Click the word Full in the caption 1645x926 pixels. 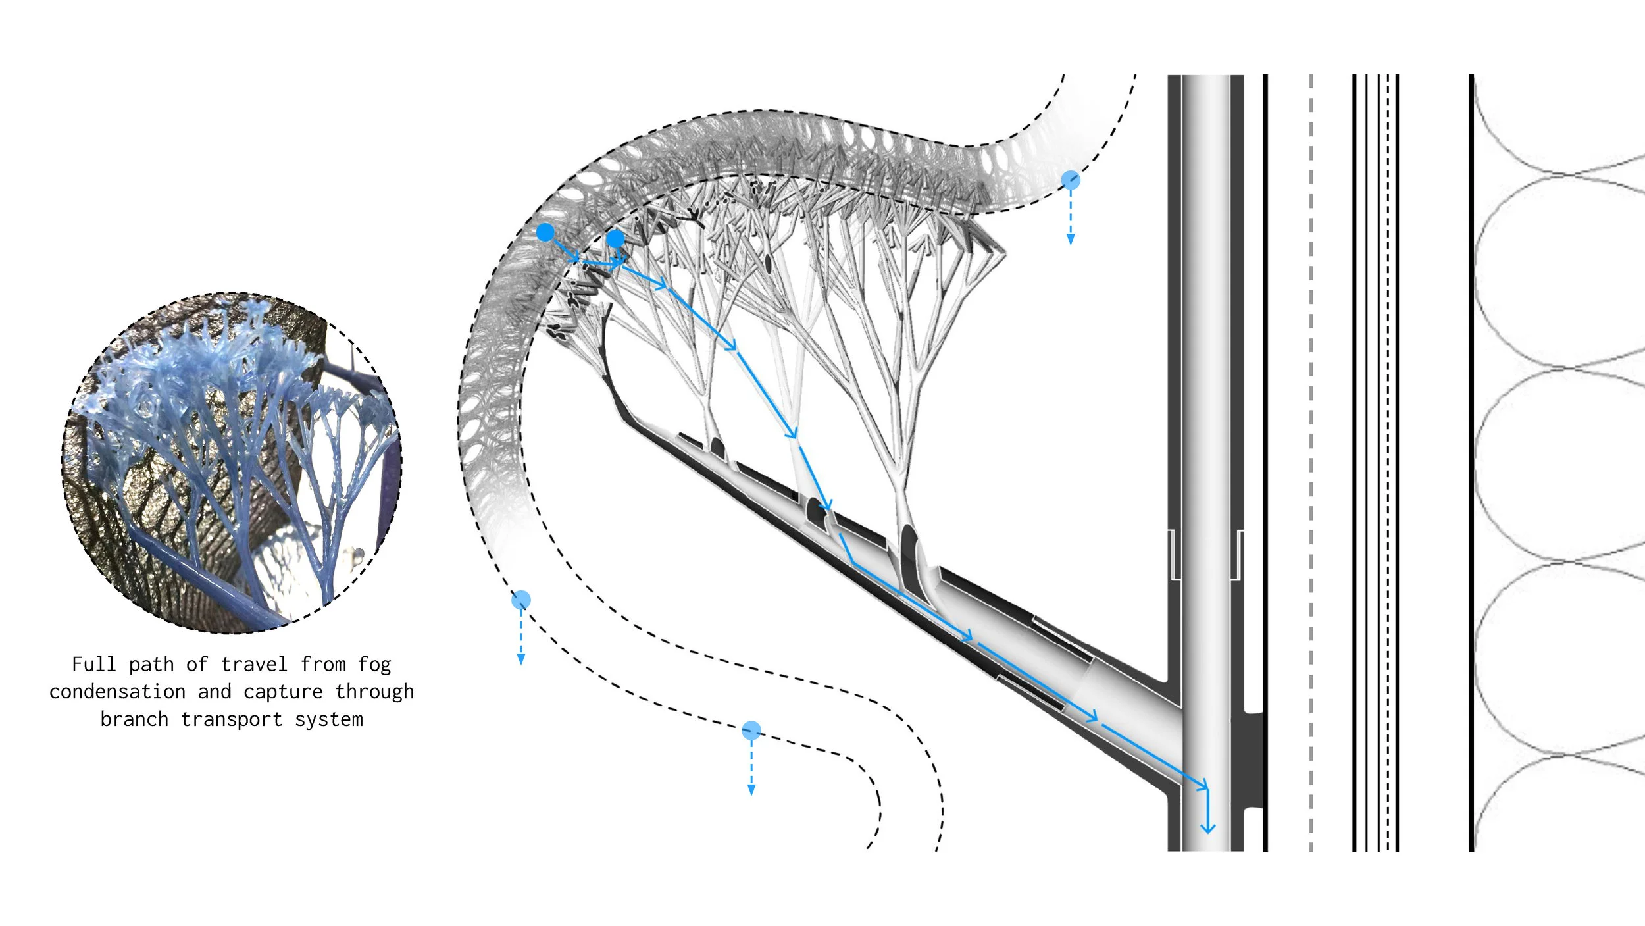93,665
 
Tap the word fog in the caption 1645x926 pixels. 374,665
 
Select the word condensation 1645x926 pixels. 117,692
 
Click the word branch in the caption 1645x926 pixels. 134,719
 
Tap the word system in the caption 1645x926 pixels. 328,719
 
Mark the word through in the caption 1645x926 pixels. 374,692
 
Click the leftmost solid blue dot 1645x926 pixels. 545,232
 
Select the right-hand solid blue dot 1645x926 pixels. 615,238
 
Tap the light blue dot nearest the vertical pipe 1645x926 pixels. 1071,180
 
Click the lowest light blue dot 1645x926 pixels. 751,730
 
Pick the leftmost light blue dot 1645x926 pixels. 521,600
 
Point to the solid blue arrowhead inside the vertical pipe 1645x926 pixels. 1207,828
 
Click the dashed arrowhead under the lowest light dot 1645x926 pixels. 751,790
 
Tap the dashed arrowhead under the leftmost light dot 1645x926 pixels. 521,659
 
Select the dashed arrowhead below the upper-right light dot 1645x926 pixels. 1071,240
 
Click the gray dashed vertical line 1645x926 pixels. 1311,461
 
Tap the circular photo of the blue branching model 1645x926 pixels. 232,463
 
